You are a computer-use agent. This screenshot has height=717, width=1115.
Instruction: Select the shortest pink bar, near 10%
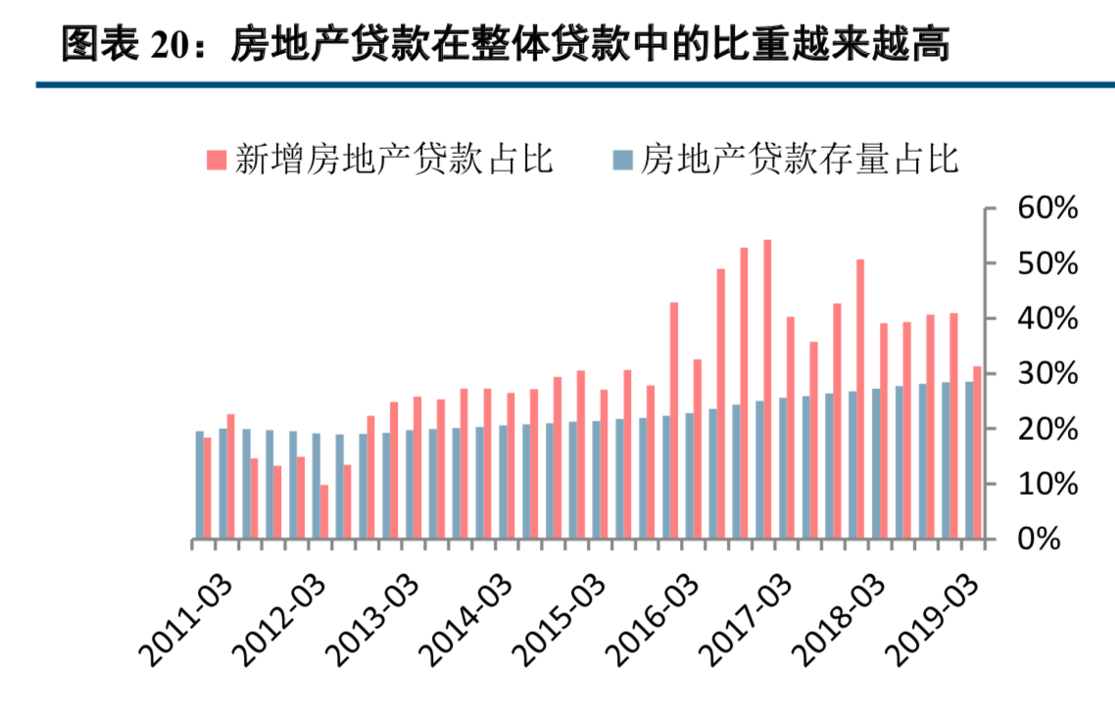(323, 511)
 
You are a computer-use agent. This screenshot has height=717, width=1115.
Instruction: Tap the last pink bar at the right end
(977, 453)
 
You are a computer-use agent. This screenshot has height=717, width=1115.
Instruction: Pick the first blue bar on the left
(199, 485)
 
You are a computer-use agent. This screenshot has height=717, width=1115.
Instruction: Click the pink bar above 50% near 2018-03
(860, 399)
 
